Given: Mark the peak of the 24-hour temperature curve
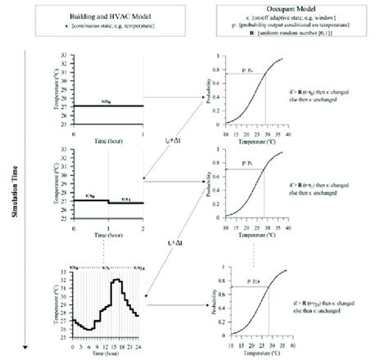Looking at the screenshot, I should coord(117,280).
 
